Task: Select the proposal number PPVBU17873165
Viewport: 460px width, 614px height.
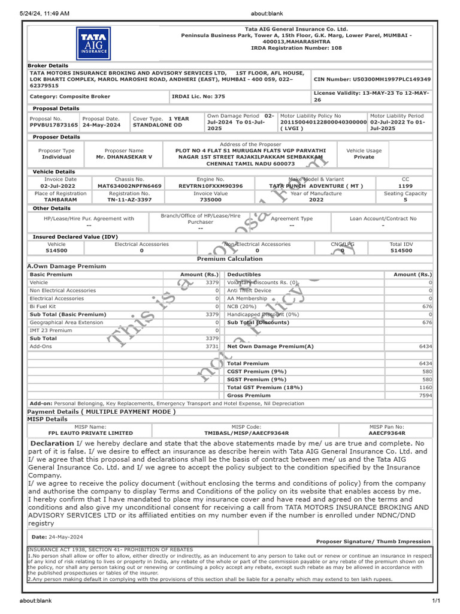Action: [53, 125]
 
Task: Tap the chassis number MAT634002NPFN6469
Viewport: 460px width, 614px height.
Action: [129, 186]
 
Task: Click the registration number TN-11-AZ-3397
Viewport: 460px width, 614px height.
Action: [129, 200]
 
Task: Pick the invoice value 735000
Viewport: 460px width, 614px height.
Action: [210, 200]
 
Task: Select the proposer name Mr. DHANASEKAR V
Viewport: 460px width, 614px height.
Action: [124, 157]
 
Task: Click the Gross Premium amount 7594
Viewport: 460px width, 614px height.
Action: [425, 396]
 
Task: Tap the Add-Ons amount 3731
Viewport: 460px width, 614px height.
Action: [212, 347]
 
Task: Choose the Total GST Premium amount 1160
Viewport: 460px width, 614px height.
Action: [425, 388]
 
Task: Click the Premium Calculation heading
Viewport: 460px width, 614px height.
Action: [230, 259]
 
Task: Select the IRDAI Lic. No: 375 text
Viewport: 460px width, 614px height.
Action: [190, 96]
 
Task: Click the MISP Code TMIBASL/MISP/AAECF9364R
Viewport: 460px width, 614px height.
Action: [246, 433]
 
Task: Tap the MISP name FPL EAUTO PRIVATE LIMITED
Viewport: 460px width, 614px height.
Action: [90, 433]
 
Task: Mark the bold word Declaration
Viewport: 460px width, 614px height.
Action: [52, 443]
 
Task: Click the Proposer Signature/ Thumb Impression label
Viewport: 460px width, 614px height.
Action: [373, 541]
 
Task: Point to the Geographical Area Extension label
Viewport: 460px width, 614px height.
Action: [66, 323]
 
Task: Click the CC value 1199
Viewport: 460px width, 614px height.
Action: [405, 186]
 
